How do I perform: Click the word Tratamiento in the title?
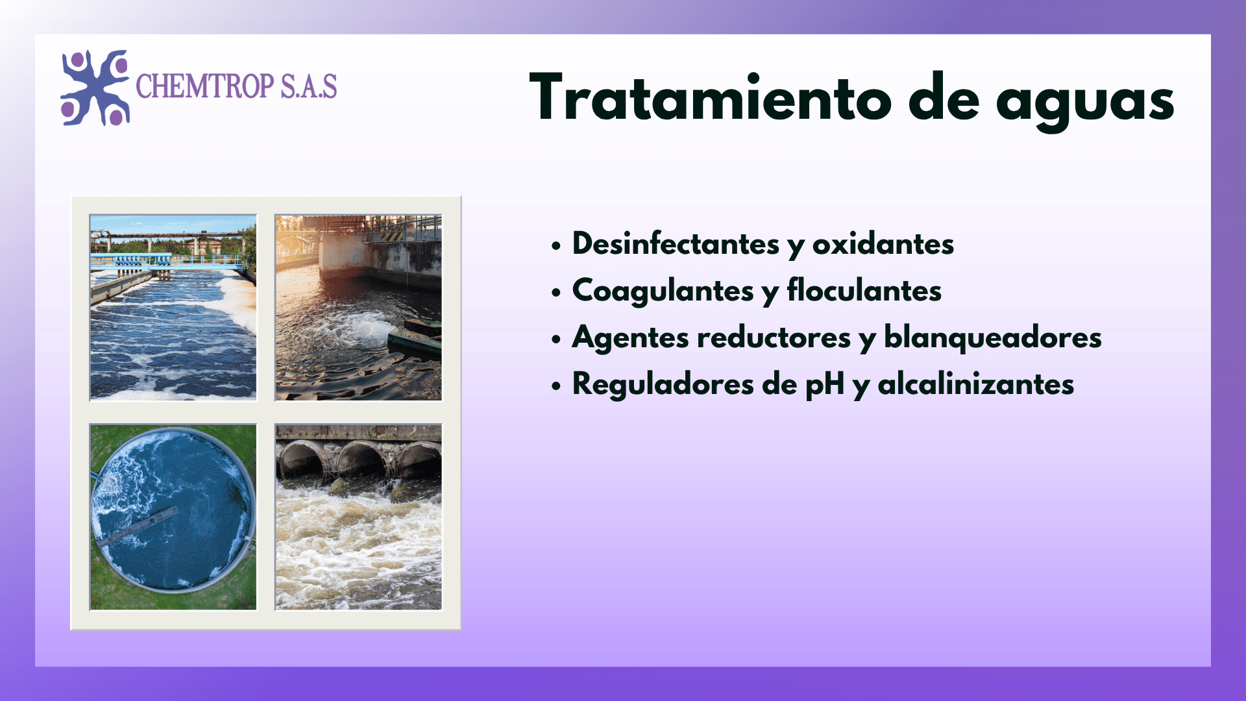click(711, 98)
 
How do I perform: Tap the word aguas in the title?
click(1085, 103)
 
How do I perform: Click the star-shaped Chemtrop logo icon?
click(95, 88)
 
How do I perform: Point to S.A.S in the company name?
click(309, 86)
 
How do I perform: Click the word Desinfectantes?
click(676, 243)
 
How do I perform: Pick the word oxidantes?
click(883, 243)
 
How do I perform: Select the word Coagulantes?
click(663, 291)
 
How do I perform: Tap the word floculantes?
click(864, 290)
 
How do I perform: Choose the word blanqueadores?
click(993, 338)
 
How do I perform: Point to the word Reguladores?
click(663, 384)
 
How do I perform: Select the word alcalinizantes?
click(976, 384)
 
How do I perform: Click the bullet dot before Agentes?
click(556, 339)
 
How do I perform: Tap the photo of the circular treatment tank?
click(173, 517)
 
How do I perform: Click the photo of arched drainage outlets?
click(358, 517)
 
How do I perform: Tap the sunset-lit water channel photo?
click(358, 308)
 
